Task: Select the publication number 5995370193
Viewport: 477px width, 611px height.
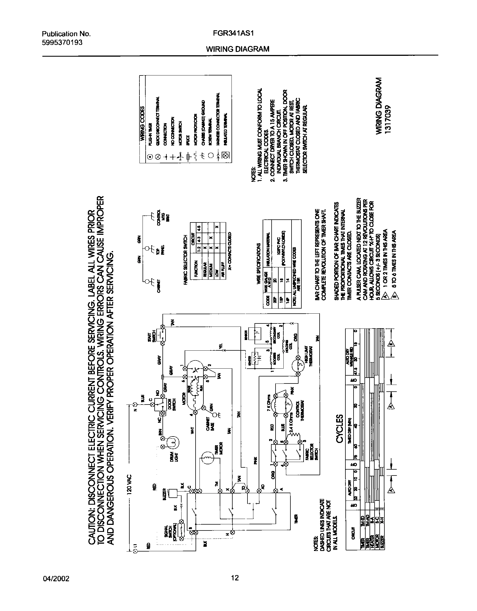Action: (x=62, y=42)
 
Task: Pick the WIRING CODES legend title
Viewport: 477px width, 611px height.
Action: (x=143, y=123)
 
